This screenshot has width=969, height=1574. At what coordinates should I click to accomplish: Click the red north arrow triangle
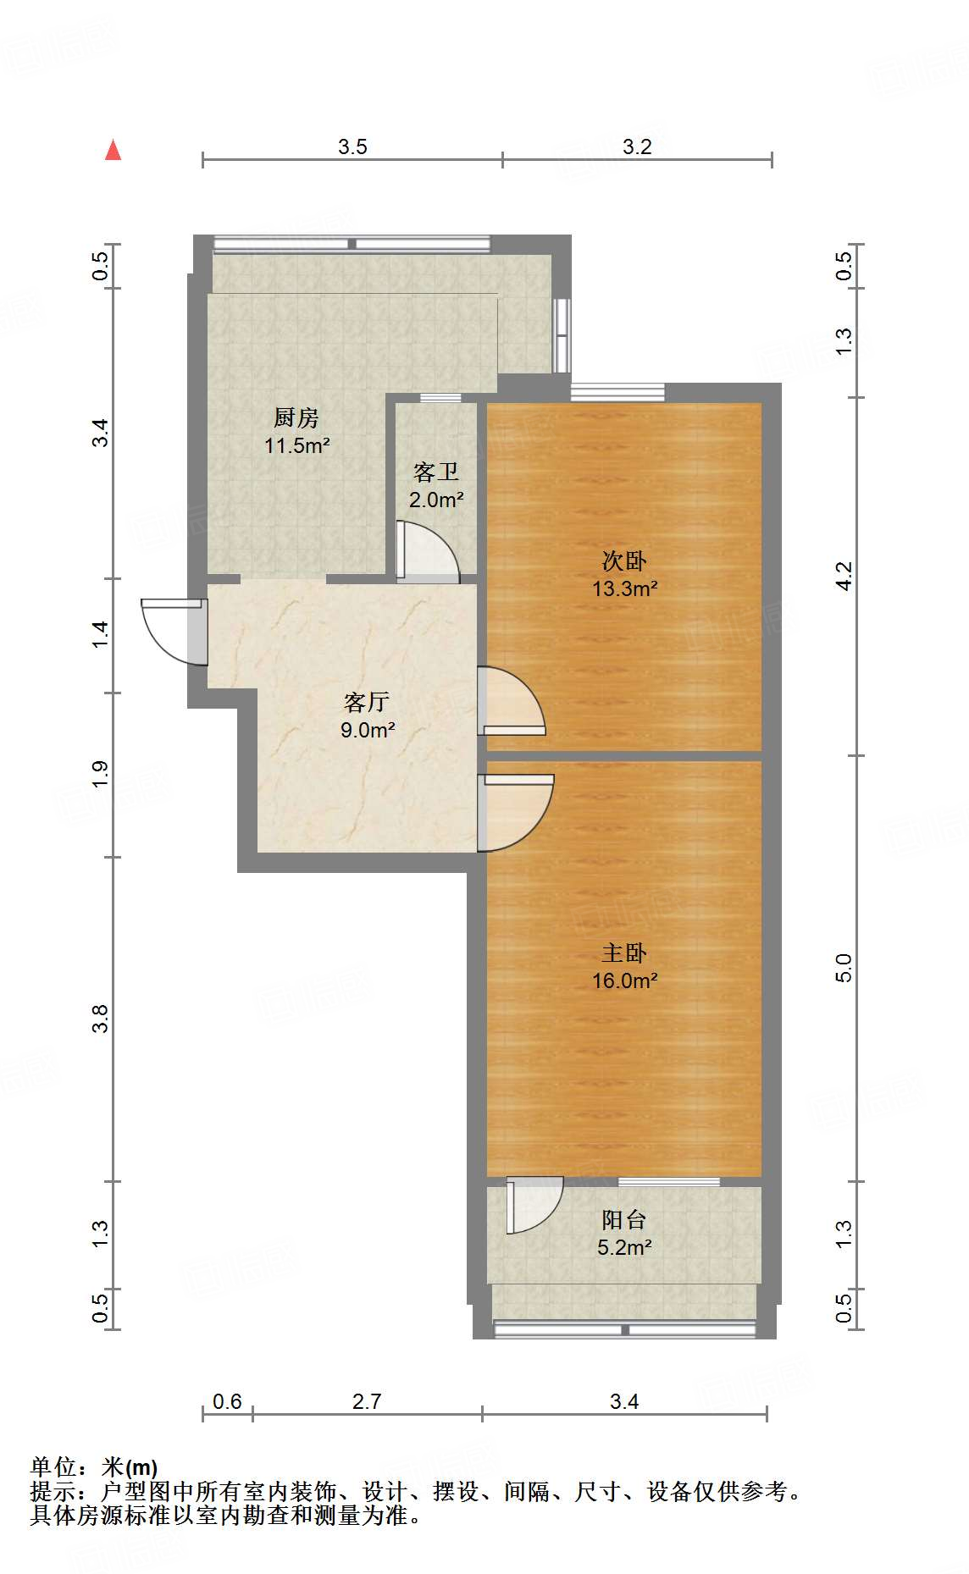[x=113, y=150]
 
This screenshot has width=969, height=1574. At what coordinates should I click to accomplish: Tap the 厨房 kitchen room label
[x=296, y=417]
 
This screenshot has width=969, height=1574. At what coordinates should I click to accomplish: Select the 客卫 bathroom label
[x=436, y=472]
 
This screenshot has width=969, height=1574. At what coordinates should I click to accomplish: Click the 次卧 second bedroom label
[x=624, y=561]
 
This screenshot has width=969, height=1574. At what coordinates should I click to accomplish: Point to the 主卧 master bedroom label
[x=624, y=953]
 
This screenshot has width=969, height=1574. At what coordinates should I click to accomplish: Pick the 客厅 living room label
[x=367, y=702]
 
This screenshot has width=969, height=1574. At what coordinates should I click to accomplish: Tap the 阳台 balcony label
[x=624, y=1219]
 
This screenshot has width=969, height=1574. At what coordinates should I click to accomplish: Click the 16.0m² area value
[x=625, y=980]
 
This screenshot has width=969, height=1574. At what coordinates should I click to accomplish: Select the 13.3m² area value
[x=625, y=588]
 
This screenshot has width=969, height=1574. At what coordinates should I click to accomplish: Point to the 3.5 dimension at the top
[x=352, y=146]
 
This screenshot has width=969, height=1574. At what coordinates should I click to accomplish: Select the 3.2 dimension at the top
[x=637, y=146]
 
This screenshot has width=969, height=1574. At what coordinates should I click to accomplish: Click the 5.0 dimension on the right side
[x=843, y=968]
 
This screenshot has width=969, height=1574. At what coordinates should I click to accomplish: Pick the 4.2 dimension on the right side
[x=843, y=576]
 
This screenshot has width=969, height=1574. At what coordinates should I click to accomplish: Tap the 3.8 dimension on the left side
[x=100, y=1019]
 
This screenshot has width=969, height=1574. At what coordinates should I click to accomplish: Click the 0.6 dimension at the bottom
[x=227, y=1401]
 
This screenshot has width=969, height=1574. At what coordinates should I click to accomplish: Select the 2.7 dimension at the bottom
[x=367, y=1401]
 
